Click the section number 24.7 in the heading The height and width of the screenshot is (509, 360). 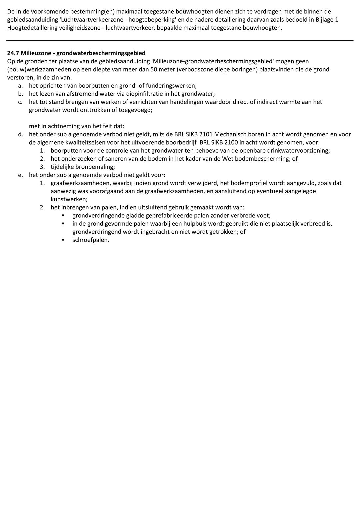click(x=13, y=53)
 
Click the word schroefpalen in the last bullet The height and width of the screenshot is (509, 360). click(x=90, y=240)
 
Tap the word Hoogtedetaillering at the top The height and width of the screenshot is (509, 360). click(x=31, y=28)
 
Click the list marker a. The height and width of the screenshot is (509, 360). click(x=20, y=86)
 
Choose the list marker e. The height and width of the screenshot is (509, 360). click(x=20, y=175)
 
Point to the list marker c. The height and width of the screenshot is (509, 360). click(x=20, y=102)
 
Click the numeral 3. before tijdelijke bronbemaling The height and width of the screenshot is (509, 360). click(x=42, y=167)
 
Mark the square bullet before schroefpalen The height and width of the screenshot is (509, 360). click(x=63, y=240)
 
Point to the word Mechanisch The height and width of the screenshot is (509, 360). click(x=228, y=134)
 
